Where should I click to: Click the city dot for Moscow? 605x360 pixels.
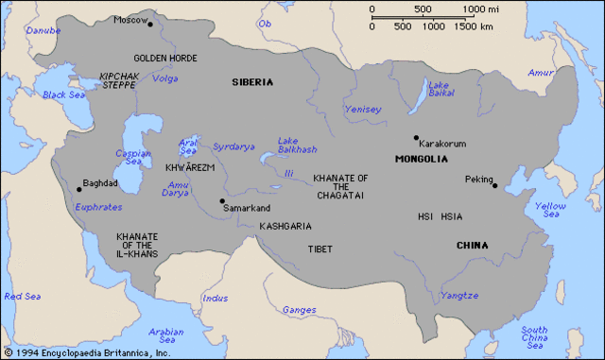149,25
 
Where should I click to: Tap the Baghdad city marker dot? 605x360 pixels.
79,190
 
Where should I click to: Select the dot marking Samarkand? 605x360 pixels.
222,200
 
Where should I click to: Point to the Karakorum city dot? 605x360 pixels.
415,137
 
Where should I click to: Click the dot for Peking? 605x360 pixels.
494,186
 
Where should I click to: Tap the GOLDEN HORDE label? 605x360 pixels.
164,58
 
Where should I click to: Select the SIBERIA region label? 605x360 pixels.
252,82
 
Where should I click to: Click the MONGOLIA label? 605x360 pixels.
422,159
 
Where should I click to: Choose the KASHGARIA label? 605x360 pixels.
285,227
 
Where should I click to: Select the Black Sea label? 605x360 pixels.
63,94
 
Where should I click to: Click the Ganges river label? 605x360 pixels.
299,310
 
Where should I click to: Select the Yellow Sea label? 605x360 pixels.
551,210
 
